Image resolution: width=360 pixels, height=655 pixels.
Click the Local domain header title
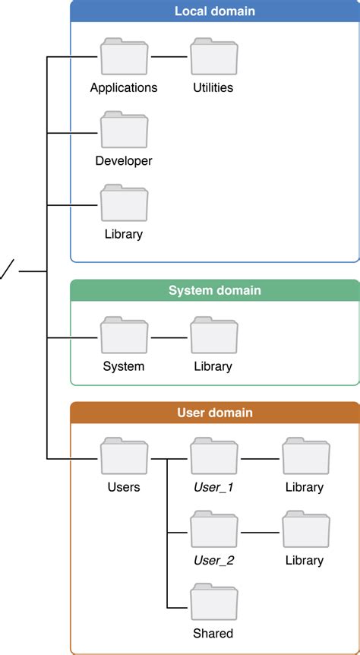(x=214, y=11)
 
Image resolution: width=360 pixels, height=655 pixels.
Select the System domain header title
(x=214, y=290)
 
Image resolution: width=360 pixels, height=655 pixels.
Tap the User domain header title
(x=214, y=413)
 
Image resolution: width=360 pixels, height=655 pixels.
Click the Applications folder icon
(x=124, y=57)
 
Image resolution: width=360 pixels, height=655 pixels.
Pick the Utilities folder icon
(x=213, y=57)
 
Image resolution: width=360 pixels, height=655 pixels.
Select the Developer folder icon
(x=124, y=130)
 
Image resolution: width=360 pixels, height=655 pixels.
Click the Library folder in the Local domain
(x=124, y=203)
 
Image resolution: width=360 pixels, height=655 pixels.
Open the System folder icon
(x=124, y=336)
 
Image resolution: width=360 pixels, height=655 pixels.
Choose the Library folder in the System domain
(x=213, y=336)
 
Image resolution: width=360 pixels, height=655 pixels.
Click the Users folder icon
(x=124, y=457)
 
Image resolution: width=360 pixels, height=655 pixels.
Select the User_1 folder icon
(x=213, y=457)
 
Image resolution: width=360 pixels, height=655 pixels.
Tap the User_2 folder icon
(x=213, y=530)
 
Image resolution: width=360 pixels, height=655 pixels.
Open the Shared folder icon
(x=213, y=603)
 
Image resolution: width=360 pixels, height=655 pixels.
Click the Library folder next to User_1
(x=305, y=457)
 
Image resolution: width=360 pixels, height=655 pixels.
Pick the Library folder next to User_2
(x=305, y=530)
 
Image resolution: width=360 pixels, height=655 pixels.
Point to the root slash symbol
(x=6, y=270)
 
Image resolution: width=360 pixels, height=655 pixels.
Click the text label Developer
(x=124, y=161)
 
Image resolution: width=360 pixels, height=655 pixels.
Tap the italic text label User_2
(x=213, y=561)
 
